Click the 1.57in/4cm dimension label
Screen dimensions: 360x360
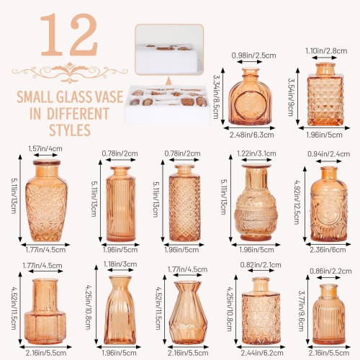[x=45, y=148]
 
